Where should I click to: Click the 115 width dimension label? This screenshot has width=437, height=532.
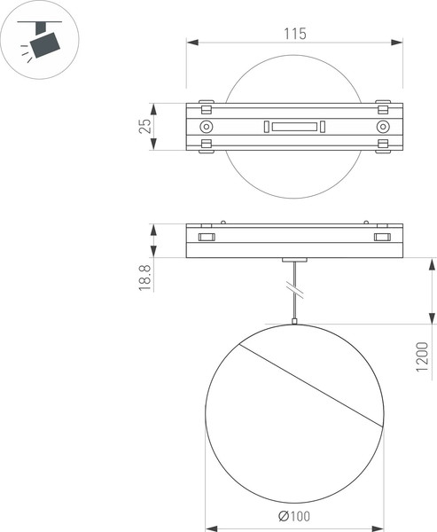[295, 34]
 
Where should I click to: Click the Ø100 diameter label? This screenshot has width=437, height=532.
[294, 517]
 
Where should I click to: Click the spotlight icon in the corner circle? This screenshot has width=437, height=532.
[43, 42]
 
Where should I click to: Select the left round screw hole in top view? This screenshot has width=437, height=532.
[207, 127]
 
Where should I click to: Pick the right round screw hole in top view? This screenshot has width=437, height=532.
[383, 127]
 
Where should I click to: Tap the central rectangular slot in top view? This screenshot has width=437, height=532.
[294, 127]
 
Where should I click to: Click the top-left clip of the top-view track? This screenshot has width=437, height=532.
[207, 104]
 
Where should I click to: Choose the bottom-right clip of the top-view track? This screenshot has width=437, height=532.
[383, 148]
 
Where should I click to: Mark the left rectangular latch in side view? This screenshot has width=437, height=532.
[206, 238]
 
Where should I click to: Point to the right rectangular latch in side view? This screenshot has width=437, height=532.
[383, 238]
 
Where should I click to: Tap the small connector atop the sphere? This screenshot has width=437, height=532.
[294, 324]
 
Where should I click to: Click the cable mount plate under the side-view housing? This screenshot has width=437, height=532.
[294, 259]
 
